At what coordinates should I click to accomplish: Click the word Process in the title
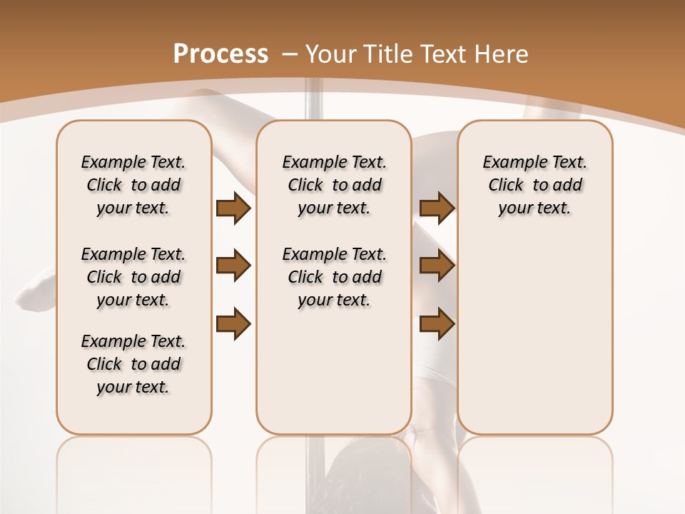[x=220, y=54]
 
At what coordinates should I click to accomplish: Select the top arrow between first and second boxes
[x=234, y=208]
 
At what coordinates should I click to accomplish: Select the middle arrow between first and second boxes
[x=234, y=266]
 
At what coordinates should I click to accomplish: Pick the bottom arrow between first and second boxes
[x=234, y=324]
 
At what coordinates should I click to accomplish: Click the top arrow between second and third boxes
[x=437, y=208]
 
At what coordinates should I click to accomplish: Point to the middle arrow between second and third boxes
[x=437, y=266]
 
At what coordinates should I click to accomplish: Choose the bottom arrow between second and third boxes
[x=437, y=324]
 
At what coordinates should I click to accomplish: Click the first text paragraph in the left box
[x=133, y=185]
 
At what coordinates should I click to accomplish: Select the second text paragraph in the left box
[x=133, y=277]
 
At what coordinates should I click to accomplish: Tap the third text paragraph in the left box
[x=133, y=364]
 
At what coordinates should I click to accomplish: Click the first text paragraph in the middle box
[x=334, y=185]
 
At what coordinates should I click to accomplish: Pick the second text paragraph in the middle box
[x=334, y=277]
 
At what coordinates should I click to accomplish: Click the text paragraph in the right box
[x=534, y=185]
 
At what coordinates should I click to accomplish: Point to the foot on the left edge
[x=36, y=289]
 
